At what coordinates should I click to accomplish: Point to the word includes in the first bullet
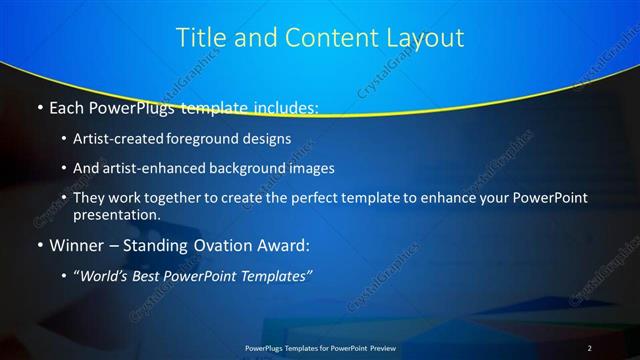click(x=282, y=107)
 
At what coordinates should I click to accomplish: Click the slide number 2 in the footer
click(x=590, y=347)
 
